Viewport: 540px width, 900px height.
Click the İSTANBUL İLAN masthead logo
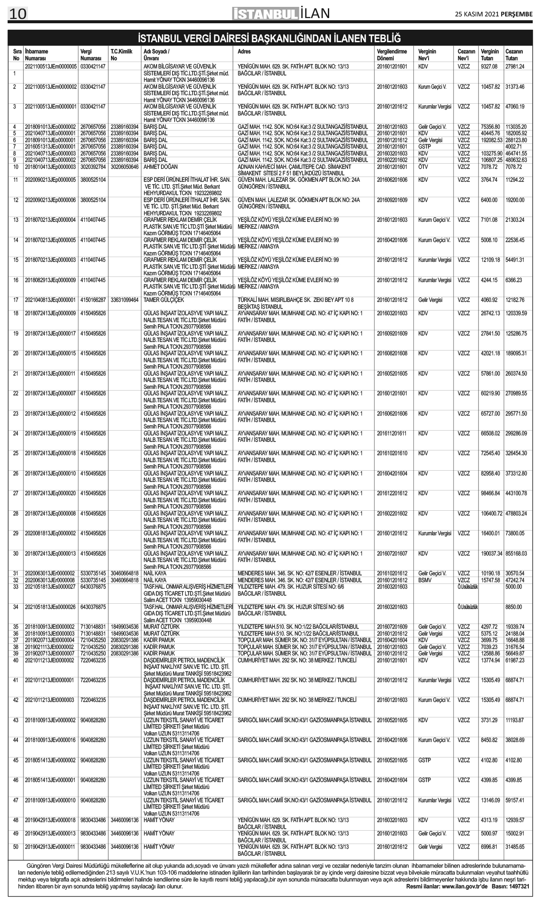(281, 14)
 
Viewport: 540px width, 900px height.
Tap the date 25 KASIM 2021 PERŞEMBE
(494, 14)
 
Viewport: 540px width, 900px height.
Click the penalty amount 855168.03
(516, 553)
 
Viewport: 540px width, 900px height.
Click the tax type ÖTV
(423, 167)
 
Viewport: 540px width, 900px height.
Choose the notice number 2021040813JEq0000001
(50, 300)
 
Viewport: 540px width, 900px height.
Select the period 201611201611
(392, 433)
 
